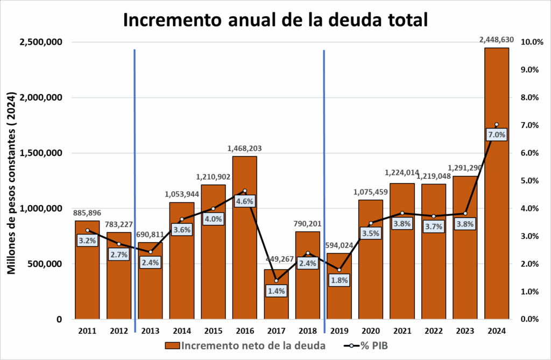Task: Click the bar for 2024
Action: (x=497, y=215)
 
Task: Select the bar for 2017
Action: (x=276, y=301)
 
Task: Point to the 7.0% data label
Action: (x=497, y=135)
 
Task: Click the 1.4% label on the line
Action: (x=276, y=291)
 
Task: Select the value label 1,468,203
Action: (x=244, y=148)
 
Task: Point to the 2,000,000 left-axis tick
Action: (x=41, y=97)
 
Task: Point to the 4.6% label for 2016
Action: (x=245, y=201)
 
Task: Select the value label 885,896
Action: (x=87, y=213)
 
